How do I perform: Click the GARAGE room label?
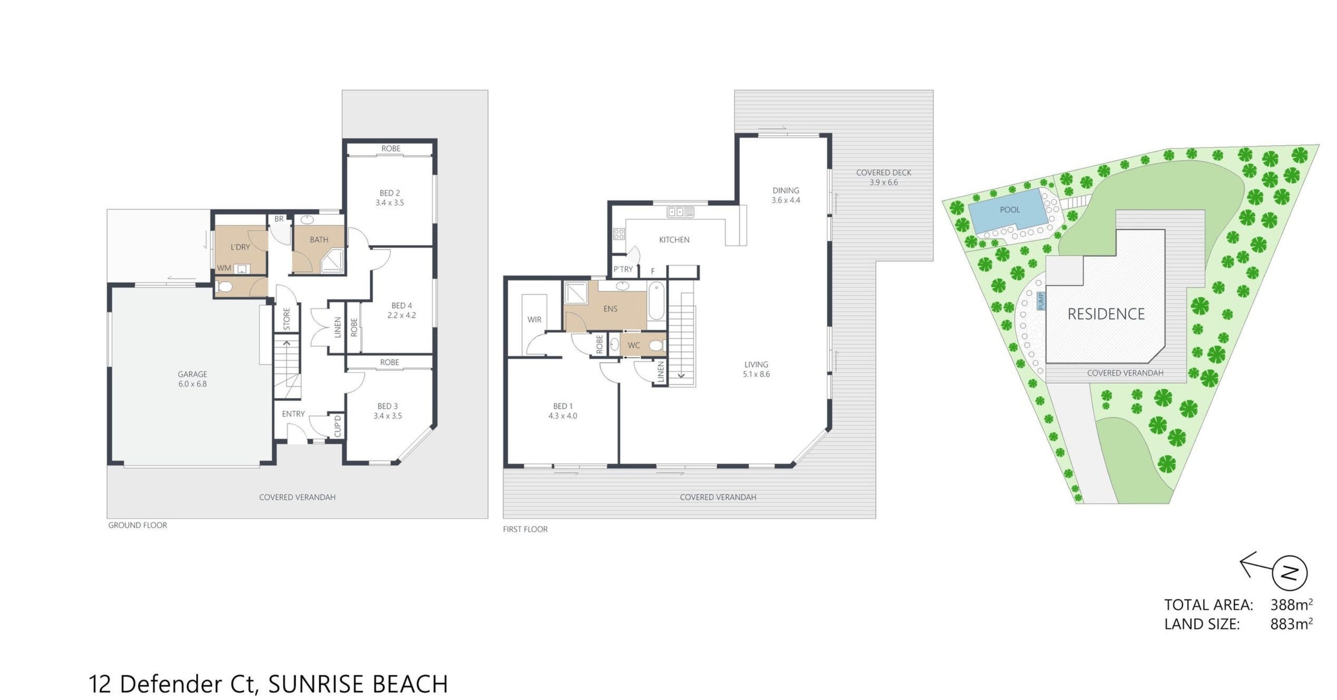pyautogui.click(x=192, y=374)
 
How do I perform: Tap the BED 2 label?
pyautogui.click(x=390, y=193)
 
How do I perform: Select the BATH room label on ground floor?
pyautogui.click(x=319, y=240)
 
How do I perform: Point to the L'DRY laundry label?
pyautogui.click(x=240, y=247)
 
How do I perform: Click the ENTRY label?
pyautogui.click(x=293, y=414)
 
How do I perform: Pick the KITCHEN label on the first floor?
pyautogui.click(x=674, y=240)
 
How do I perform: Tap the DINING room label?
pyautogui.click(x=786, y=190)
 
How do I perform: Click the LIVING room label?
pyautogui.click(x=756, y=364)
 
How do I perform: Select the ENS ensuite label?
pyautogui.click(x=611, y=309)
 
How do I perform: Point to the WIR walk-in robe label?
pyautogui.click(x=535, y=319)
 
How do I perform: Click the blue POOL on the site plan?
pyautogui.click(x=1007, y=211)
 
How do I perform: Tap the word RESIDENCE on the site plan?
pyautogui.click(x=1106, y=314)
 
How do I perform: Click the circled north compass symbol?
pyautogui.click(x=1290, y=572)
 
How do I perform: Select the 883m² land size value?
pyautogui.click(x=1291, y=624)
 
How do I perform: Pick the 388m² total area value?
pyautogui.click(x=1291, y=604)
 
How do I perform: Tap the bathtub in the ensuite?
pyautogui.click(x=656, y=301)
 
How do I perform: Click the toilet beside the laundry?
pyautogui.click(x=225, y=287)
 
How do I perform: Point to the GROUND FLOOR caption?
pyautogui.click(x=137, y=525)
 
